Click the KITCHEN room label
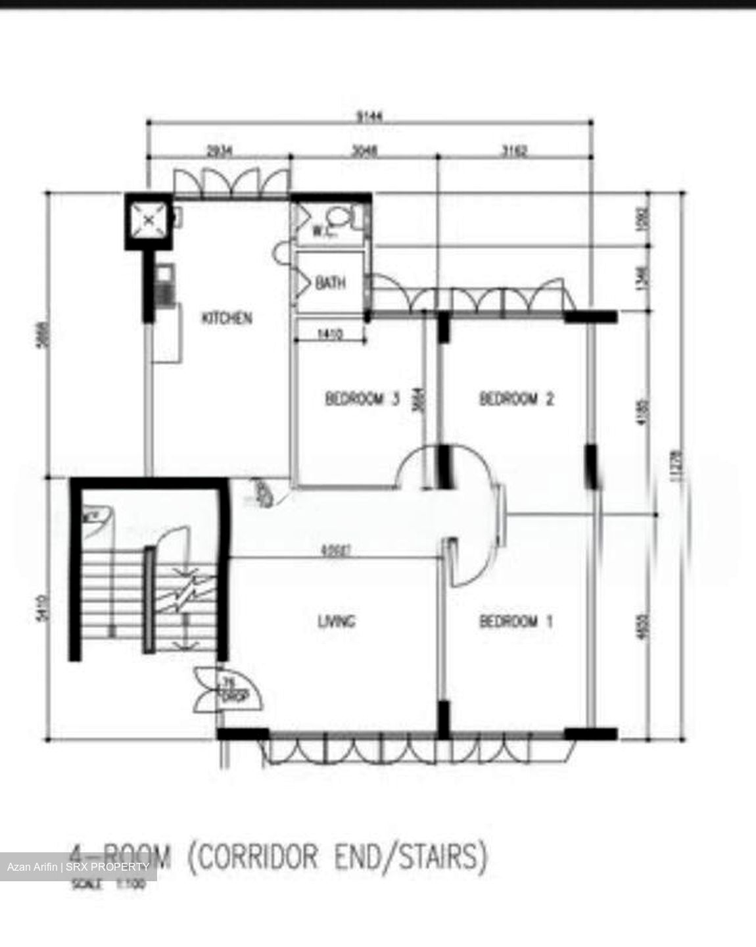coord(225,318)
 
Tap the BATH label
coord(330,283)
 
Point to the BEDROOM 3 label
coord(362,399)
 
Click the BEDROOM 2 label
coord(517,399)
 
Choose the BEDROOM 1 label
coord(516,621)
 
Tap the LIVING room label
coord(336,621)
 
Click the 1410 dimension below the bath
coord(330,335)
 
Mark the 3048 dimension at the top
coord(364,152)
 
